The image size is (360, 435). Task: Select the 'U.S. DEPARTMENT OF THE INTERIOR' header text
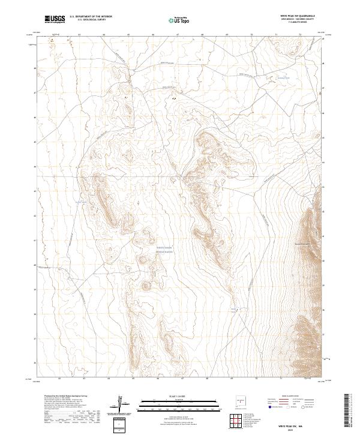(x=91, y=17)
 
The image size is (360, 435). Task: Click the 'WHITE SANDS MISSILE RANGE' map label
(x=164, y=249)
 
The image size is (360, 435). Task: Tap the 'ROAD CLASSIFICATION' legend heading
(x=295, y=397)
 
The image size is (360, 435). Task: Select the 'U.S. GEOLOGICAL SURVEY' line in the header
(x=86, y=20)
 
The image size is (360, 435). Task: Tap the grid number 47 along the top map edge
(x=178, y=35)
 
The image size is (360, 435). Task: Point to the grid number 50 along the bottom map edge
(x=257, y=379)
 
